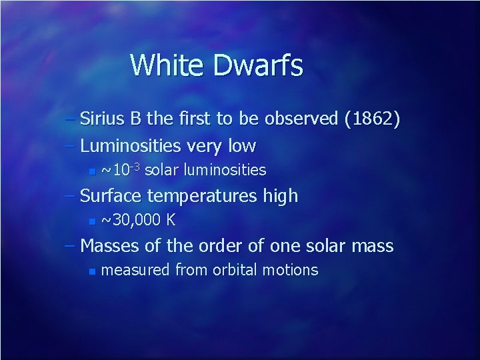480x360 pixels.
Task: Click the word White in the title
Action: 168,65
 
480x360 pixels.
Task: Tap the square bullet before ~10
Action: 92,171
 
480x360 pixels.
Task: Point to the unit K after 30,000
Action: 171,220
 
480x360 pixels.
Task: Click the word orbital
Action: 236,270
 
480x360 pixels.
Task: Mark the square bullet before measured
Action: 92,271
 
